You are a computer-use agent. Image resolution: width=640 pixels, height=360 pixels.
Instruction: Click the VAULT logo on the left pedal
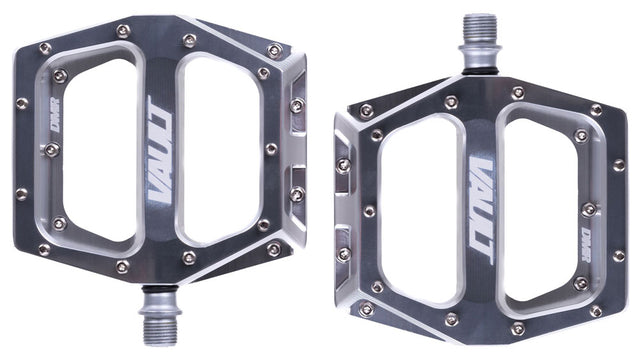click(x=160, y=150)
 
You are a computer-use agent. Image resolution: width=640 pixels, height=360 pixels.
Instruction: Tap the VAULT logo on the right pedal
click(x=482, y=211)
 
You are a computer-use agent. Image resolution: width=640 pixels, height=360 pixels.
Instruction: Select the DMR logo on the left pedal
click(x=54, y=114)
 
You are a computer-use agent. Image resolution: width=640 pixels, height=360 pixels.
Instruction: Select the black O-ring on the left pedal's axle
click(x=160, y=289)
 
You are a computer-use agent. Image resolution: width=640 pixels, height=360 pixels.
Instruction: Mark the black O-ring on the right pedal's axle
click(x=480, y=72)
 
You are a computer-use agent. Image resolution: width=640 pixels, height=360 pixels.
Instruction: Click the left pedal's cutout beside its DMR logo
click(x=100, y=150)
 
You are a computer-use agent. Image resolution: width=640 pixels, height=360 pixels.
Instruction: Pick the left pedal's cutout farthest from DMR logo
click(x=221, y=151)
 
